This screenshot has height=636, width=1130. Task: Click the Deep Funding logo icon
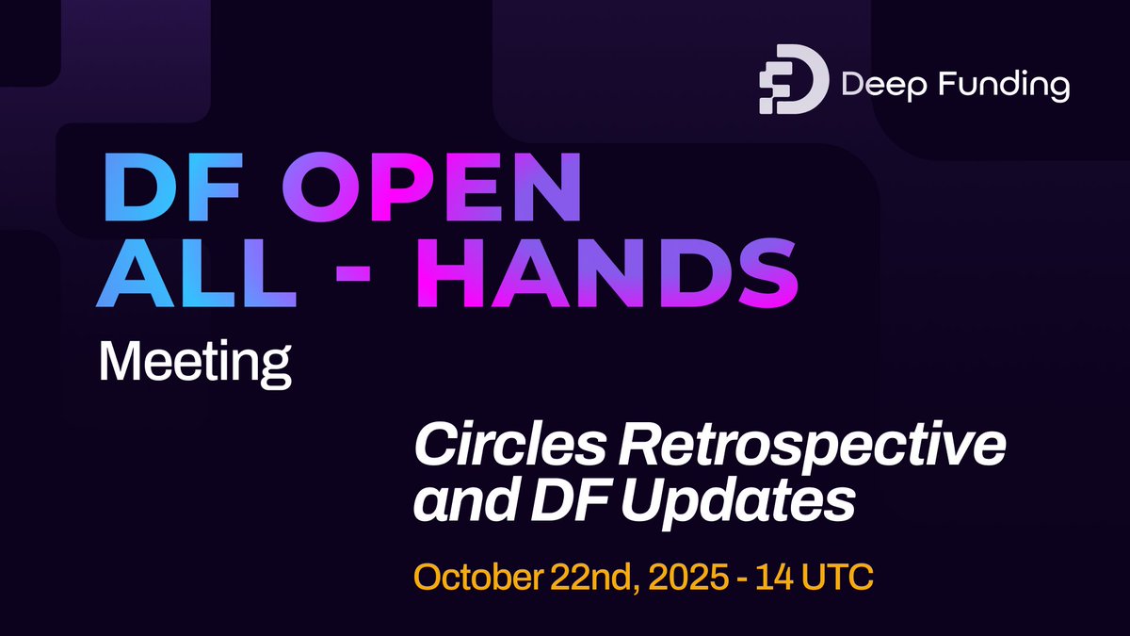794,78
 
